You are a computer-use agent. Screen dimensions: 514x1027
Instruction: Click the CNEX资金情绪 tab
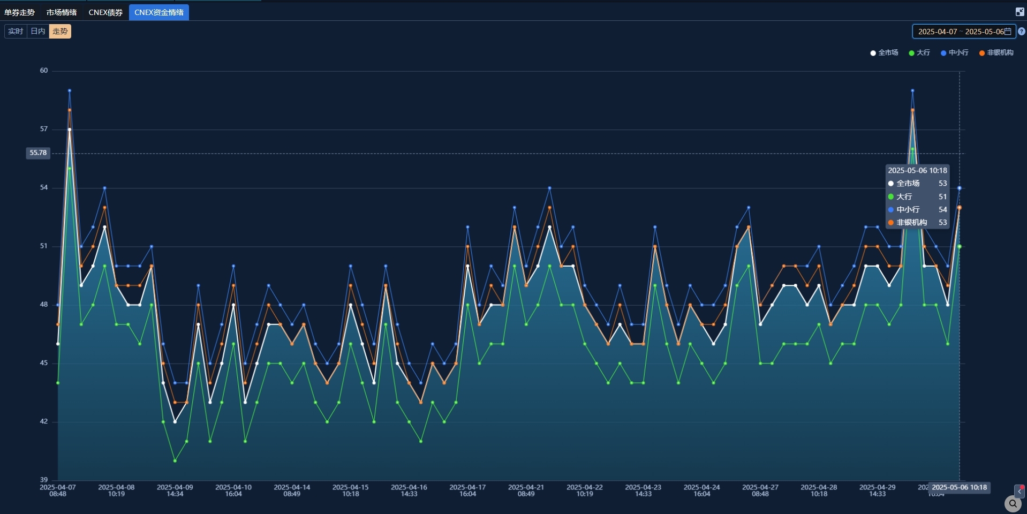pyautogui.click(x=158, y=12)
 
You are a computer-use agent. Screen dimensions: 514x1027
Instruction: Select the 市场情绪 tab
pyautogui.click(x=62, y=12)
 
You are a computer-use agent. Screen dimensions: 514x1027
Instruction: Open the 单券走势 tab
pyautogui.click(x=20, y=12)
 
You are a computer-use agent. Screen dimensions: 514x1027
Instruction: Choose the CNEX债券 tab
pyautogui.click(x=105, y=12)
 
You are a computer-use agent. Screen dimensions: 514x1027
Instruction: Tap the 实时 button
pyautogui.click(x=16, y=32)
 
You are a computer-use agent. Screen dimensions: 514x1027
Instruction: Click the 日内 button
pyautogui.click(x=38, y=32)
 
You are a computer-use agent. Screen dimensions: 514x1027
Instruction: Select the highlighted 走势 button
pyautogui.click(x=60, y=32)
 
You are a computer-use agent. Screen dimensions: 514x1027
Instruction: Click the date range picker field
pyautogui.click(x=964, y=32)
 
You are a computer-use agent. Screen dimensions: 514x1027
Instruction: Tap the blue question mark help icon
pyautogui.click(x=1022, y=32)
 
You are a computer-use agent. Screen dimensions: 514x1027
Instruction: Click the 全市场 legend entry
pyautogui.click(x=885, y=52)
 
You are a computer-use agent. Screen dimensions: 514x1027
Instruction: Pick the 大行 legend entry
pyautogui.click(x=920, y=52)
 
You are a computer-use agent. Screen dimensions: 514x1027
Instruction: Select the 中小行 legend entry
pyautogui.click(x=955, y=52)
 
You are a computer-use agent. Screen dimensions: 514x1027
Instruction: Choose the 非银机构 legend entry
pyautogui.click(x=996, y=52)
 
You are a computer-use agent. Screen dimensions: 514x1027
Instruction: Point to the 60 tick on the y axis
pyautogui.click(x=44, y=71)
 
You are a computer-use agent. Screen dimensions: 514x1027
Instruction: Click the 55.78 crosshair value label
pyautogui.click(x=38, y=153)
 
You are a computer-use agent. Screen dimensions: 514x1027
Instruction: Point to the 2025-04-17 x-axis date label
pyautogui.click(x=467, y=490)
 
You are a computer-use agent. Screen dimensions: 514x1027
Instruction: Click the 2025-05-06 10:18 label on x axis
pyautogui.click(x=959, y=487)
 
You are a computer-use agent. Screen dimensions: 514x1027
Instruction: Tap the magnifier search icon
pyautogui.click(x=1013, y=504)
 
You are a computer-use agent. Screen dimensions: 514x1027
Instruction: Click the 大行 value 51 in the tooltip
pyautogui.click(x=942, y=196)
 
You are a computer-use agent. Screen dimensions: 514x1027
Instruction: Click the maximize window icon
pyautogui.click(x=1020, y=12)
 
